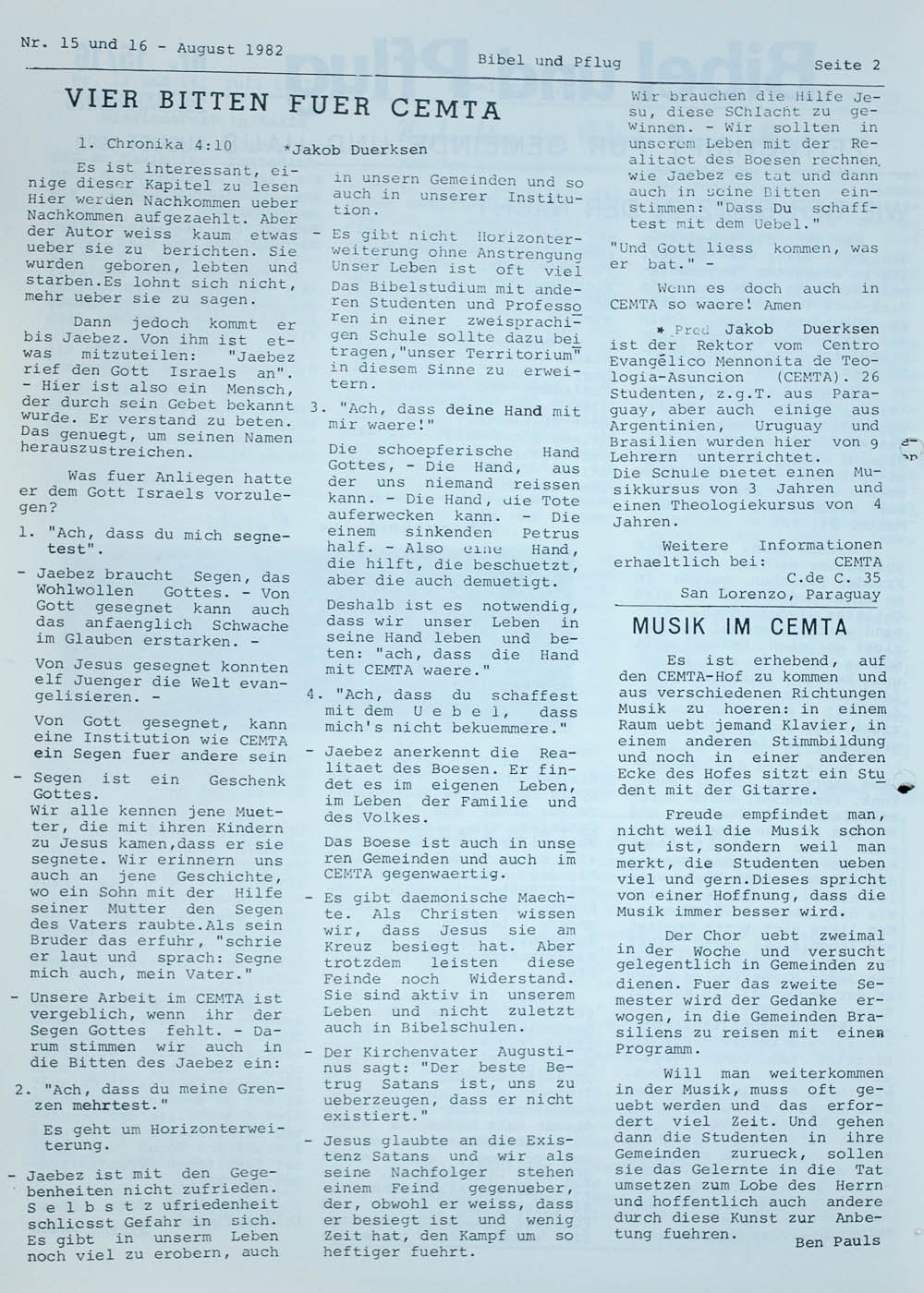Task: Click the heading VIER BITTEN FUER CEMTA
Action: [283, 103]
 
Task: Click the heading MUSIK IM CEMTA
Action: [739, 627]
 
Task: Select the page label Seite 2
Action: [846, 65]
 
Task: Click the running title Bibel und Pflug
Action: [549, 61]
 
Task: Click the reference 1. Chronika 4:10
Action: [155, 144]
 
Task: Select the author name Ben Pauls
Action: [836, 1241]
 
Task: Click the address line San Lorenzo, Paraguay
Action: [780, 594]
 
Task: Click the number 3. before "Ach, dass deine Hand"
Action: [317, 409]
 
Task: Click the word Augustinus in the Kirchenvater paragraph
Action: [536, 1052]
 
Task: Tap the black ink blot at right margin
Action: [907, 788]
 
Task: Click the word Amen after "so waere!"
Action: [784, 305]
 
